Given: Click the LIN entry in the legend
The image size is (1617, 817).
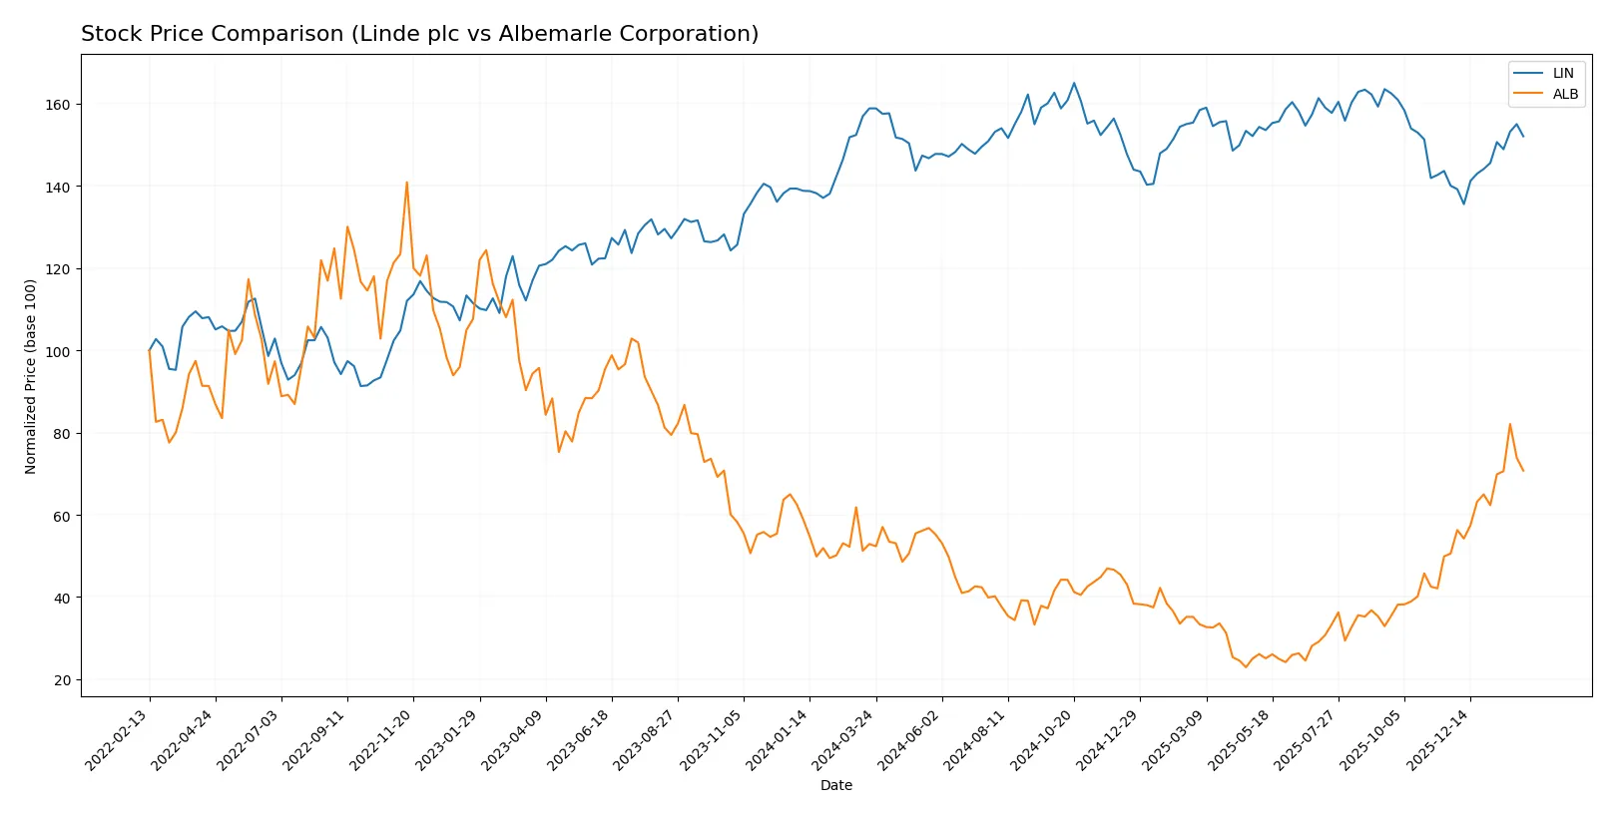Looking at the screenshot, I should coord(1562,73).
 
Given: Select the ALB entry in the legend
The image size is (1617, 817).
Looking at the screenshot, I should coord(1564,94).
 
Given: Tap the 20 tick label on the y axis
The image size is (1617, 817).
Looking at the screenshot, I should coord(63,680).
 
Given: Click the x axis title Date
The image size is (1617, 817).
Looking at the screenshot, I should coord(835,785).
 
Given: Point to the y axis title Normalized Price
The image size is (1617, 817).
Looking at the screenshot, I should coord(31,376).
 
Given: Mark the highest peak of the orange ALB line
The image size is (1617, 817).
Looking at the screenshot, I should coord(406,182).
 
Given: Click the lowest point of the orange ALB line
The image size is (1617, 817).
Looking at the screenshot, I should coord(1246,666).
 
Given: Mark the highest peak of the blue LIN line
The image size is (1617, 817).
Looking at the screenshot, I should coord(1074,83).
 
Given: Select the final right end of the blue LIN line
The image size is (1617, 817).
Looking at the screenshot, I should coord(1523,136).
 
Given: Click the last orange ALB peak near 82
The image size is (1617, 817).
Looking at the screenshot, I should coord(1510,424).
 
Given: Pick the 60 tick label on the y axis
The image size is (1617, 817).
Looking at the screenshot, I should coord(63,516).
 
